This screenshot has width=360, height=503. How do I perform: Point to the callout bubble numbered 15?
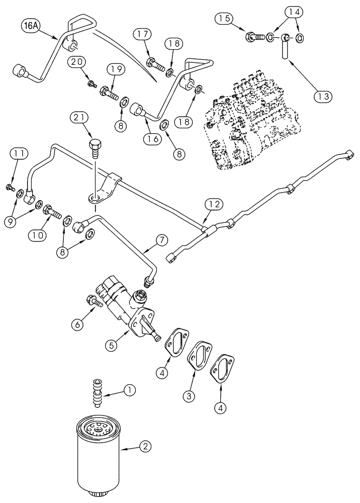coord(225,19)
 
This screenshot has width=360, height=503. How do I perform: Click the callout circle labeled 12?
coord(213,204)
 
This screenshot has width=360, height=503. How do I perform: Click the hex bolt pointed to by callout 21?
coord(95,148)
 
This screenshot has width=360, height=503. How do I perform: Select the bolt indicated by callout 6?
coord(95,302)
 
